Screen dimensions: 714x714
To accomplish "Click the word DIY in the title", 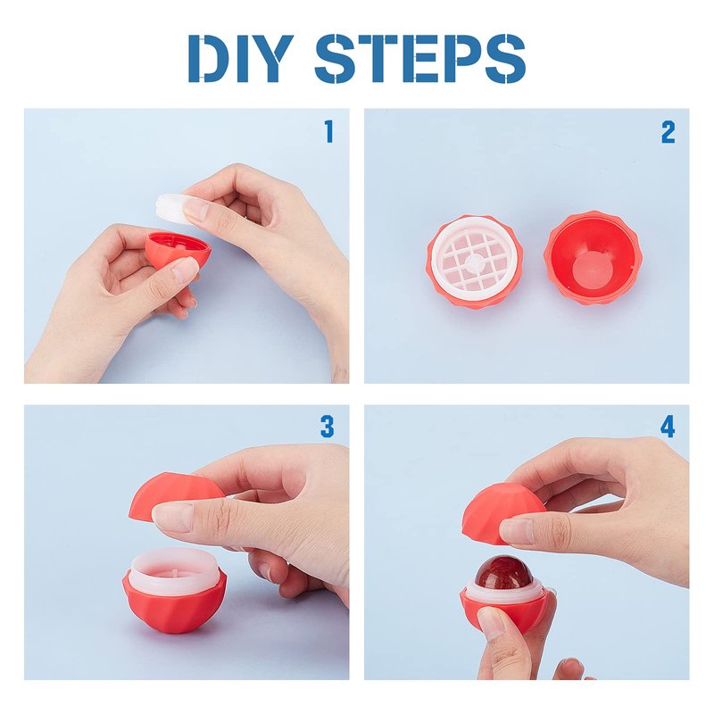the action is coord(240,58).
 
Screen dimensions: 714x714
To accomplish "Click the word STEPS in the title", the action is coord(420,58).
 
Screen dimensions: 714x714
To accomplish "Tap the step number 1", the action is coord(329,131).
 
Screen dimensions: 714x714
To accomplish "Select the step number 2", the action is coord(668,132).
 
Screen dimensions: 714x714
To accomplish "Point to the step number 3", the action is coord(328,427).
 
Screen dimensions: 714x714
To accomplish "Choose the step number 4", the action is coord(668,427).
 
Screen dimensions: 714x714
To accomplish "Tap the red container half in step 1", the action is coord(177,252).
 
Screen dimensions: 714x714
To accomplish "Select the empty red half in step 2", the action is coord(593,257).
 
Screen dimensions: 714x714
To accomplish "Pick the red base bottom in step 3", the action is coord(174,603).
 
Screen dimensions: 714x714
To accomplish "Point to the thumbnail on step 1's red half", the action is coord(185,270).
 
